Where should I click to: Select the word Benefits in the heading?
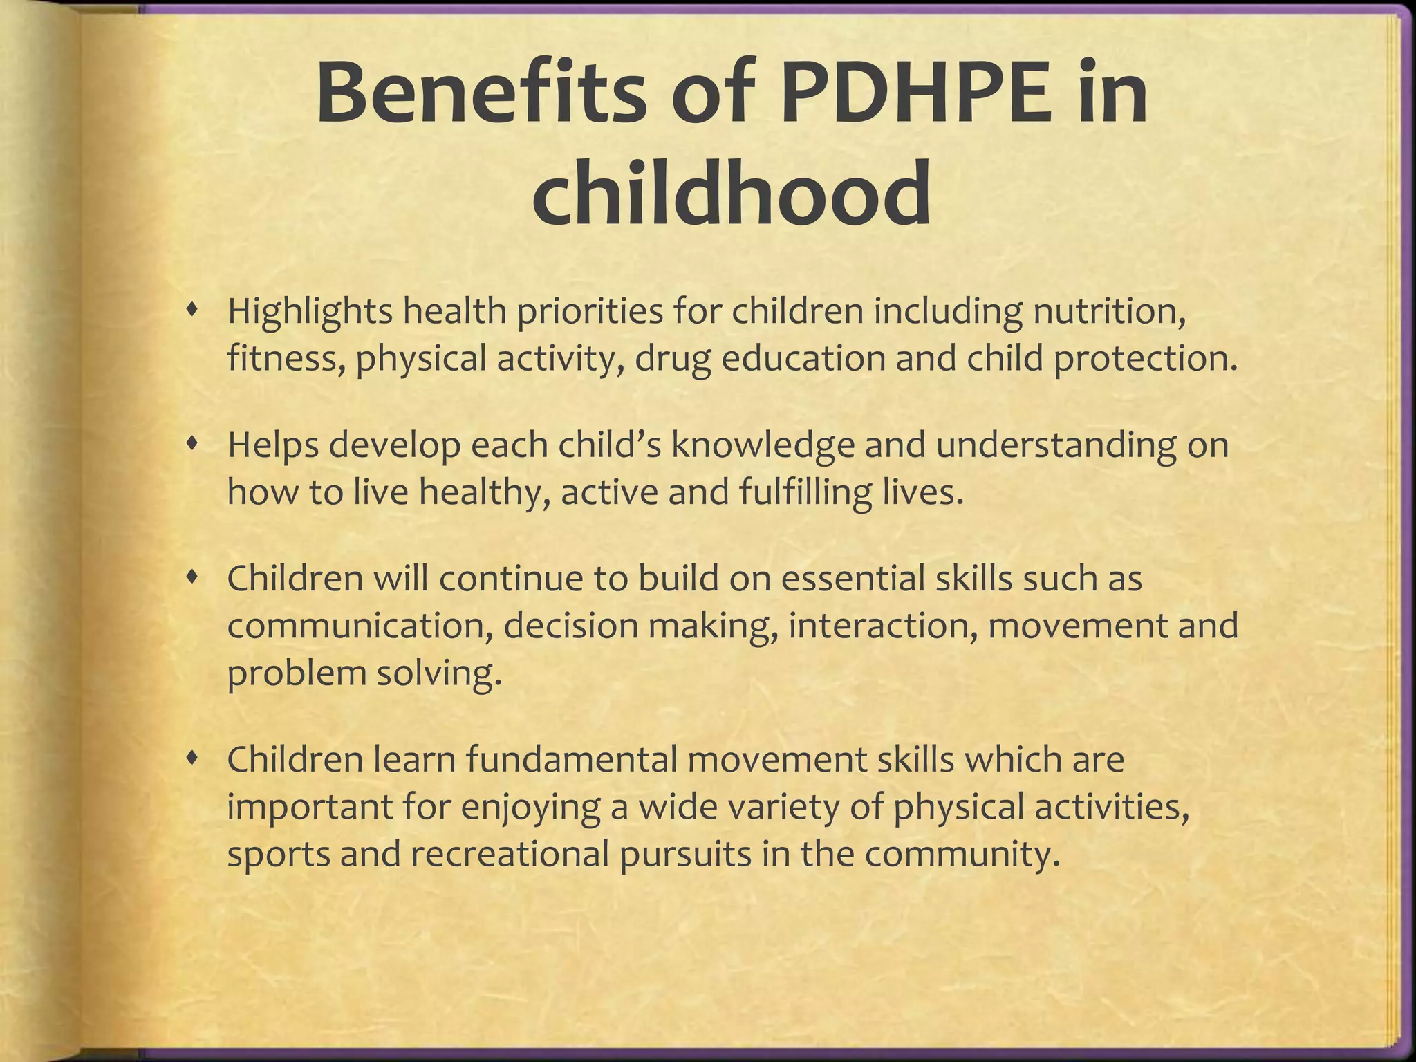pyautogui.click(x=477, y=93)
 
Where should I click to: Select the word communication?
pyautogui.click(x=359, y=626)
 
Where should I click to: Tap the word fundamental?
pyautogui.click(x=570, y=759)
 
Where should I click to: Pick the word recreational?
pyautogui.click(x=510, y=854)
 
